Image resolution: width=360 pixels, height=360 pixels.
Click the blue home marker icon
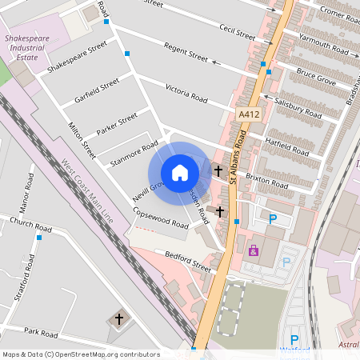180,172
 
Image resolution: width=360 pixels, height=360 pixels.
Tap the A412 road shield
250,116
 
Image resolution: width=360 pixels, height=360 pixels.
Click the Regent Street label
186,53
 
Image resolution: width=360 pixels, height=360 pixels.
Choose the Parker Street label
117,125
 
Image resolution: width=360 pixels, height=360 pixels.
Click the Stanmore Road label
135,150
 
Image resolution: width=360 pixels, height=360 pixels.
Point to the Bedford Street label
187,262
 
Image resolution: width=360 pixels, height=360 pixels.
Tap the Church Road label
30,225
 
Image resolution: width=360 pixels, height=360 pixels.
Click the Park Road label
42,331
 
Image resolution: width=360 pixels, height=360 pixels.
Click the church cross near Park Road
119,318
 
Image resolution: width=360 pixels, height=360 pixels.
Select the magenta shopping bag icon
254,250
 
